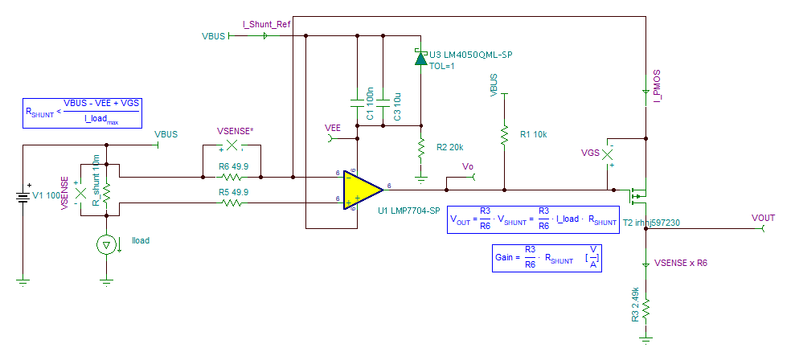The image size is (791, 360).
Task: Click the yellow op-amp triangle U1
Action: [362, 190]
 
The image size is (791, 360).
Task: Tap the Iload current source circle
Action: [106, 245]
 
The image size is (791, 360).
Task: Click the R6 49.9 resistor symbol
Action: [232, 177]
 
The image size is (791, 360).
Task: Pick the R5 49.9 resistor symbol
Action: [232, 203]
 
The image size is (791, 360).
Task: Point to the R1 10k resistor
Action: [504, 134]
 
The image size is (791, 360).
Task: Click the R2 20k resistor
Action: [420, 148]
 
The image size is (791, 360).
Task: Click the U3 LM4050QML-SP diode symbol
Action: [420, 58]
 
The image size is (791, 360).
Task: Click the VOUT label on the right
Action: [764, 218]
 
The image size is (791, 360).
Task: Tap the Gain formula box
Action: [546, 259]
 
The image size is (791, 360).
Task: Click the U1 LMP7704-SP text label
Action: [409, 211]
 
